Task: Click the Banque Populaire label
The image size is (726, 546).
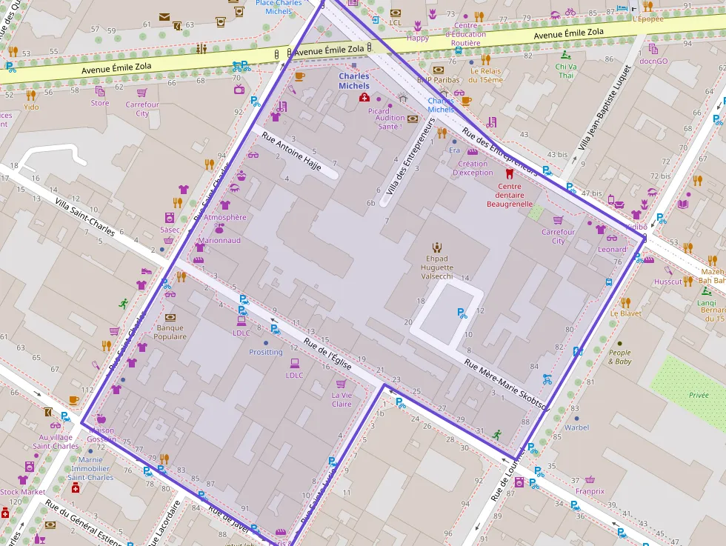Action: click(x=170, y=332)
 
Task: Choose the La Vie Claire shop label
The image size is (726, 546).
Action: click(x=342, y=399)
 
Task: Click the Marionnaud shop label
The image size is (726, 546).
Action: click(x=219, y=240)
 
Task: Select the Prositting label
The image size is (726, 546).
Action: click(x=266, y=352)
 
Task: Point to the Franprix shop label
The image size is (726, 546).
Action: click(x=590, y=490)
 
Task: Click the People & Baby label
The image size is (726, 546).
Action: click(x=620, y=357)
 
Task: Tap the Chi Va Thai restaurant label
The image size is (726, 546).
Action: click(x=566, y=71)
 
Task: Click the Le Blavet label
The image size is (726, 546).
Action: click(x=626, y=313)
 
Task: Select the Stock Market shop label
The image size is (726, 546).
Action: click(x=22, y=492)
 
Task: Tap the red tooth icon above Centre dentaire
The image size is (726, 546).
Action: click(x=509, y=173)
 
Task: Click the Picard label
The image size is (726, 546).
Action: click(x=379, y=111)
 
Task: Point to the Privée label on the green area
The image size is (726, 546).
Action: click(x=699, y=396)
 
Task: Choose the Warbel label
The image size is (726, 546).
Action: click(x=576, y=427)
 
